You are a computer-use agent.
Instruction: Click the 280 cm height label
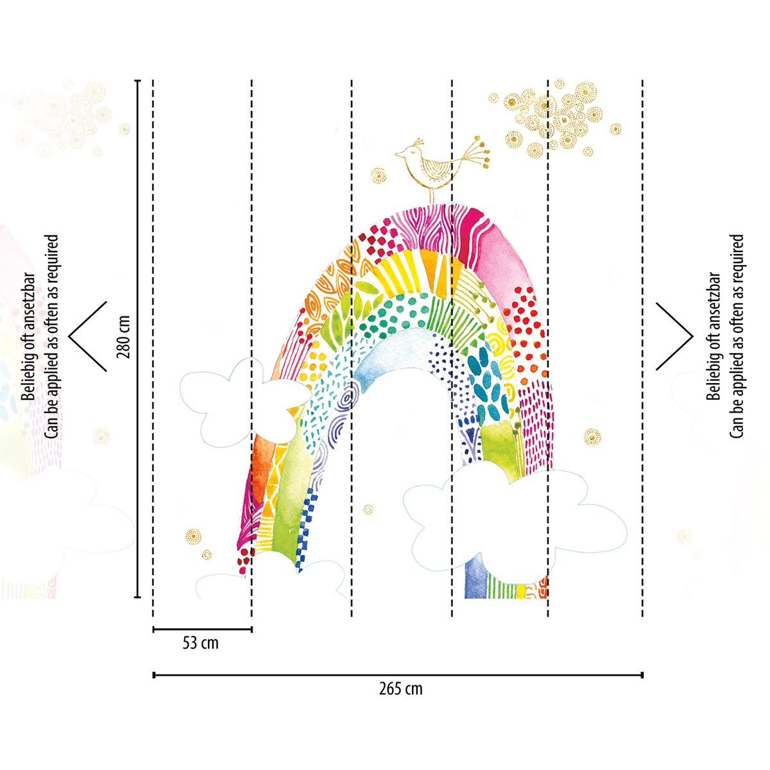123,337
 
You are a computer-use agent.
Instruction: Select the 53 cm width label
201,644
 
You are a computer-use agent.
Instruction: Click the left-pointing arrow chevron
87,336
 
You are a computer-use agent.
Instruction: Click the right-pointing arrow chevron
674,336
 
